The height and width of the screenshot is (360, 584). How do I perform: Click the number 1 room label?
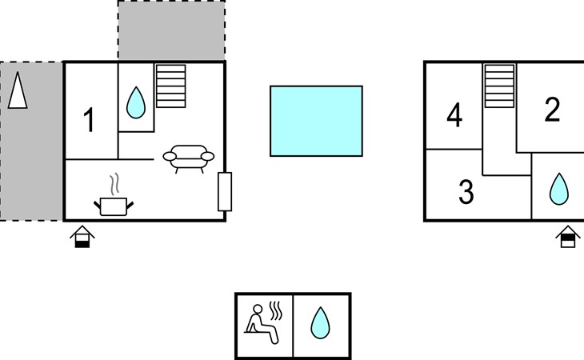click(x=89, y=120)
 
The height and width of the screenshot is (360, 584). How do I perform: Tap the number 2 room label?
click(x=552, y=109)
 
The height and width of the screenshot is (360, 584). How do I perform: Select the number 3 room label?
click(x=466, y=192)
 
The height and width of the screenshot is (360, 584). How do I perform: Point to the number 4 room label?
click(x=454, y=115)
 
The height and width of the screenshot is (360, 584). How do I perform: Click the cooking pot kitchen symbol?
click(x=114, y=206)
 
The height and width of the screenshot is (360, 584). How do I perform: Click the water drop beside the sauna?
click(x=320, y=323)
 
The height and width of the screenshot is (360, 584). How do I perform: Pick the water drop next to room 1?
click(x=136, y=102)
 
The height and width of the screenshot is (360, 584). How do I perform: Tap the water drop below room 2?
click(x=559, y=189)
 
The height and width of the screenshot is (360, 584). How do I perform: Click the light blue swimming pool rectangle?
click(x=316, y=121)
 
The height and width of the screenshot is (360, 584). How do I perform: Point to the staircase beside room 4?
click(x=499, y=86)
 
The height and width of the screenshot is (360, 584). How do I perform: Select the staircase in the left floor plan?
click(x=171, y=86)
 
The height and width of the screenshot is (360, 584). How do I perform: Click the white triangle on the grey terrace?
click(x=18, y=90)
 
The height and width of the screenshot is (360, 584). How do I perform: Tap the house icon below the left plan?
click(x=82, y=237)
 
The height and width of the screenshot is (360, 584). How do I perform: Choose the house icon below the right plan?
click(x=568, y=237)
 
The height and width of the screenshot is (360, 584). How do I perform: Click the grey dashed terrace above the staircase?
click(x=172, y=30)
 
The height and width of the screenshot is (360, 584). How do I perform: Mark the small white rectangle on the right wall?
click(x=225, y=192)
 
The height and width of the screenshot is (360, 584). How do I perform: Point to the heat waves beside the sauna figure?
click(x=276, y=311)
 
